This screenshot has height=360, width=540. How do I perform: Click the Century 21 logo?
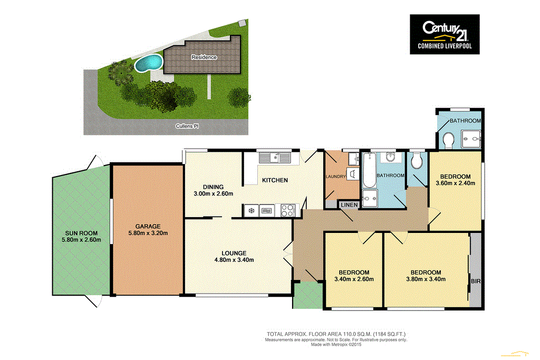[445, 34]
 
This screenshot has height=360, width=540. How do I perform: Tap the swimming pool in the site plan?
[148, 63]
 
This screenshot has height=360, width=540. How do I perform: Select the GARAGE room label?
[147, 226]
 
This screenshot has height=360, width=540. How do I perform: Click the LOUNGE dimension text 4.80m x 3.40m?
[234, 260]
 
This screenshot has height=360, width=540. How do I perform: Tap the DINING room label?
[214, 187]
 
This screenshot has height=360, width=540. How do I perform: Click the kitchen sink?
[275, 157]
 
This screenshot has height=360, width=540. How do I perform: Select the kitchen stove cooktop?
[288, 211]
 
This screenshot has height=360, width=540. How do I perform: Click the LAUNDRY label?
[335, 177]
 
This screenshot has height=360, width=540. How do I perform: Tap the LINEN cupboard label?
[349, 205]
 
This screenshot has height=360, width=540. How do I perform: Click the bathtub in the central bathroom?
[368, 171]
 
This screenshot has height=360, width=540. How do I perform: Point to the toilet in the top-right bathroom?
[449, 141]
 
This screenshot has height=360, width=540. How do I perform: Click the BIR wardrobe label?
[475, 281]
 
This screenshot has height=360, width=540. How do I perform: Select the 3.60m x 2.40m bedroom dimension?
[456, 183]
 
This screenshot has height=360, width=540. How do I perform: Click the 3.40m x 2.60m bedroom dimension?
[354, 279]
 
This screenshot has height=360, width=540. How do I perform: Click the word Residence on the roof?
[204, 57]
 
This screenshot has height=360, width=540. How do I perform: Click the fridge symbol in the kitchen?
[252, 211]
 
